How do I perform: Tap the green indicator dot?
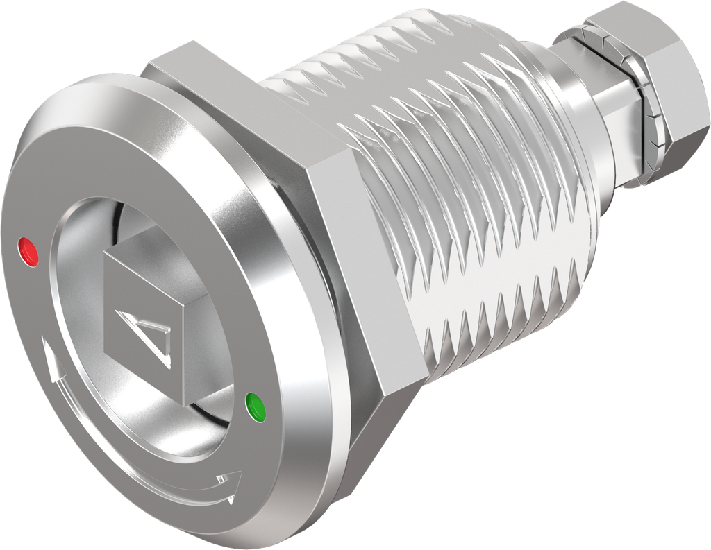click(x=257, y=407)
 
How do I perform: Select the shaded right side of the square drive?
click(x=201, y=326)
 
